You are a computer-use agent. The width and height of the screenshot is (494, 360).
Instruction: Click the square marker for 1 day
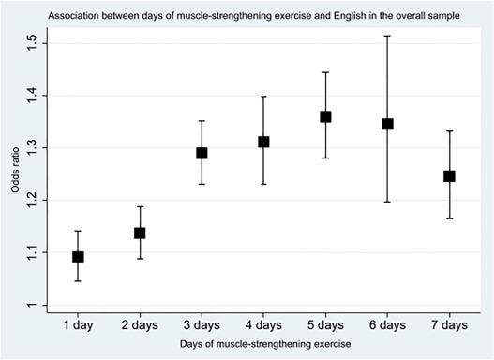coord(78,256)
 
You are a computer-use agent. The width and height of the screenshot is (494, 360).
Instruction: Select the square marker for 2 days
coord(140,232)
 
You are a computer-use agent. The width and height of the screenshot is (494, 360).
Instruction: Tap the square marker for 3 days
coord(202,153)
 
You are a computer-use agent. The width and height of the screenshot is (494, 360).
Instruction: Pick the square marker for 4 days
coord(263,142)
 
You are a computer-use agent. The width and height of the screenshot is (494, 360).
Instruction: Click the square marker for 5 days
coord(325,116)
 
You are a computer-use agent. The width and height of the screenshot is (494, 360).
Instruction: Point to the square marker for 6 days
coord(387,124)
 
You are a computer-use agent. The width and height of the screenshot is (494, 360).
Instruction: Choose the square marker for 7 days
coord(449,175)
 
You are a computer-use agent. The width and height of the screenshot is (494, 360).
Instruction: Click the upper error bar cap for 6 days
coord(387,36)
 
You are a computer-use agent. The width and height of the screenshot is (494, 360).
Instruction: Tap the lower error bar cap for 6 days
coord(387,202)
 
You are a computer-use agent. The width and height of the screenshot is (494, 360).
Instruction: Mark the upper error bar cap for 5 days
coord(325,72)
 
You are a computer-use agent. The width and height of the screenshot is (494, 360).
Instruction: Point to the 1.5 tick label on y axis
coord(32,43)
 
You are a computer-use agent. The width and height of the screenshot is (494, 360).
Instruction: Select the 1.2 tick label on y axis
coord(32,201)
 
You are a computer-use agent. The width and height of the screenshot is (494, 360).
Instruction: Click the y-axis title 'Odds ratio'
coord(13,174)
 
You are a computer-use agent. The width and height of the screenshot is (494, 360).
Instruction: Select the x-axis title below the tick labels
coord(263,345)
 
